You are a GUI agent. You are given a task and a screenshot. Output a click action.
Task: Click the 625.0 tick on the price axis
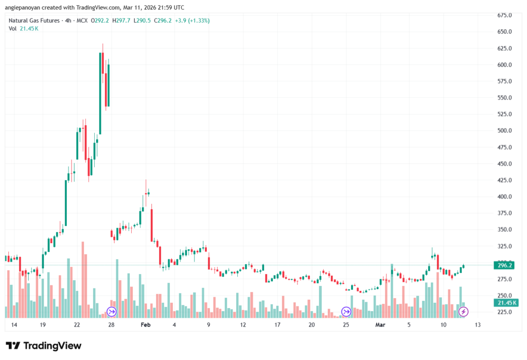(504, 48)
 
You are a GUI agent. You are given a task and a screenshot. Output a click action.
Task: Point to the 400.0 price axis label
(504, 197)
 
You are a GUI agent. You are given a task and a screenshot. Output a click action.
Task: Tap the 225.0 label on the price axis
(504, 312)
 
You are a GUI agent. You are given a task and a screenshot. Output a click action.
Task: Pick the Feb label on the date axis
(146, 325)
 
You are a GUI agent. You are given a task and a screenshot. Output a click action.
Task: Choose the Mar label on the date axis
(380, 325)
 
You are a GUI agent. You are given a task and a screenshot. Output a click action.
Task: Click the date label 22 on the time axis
(77, 325)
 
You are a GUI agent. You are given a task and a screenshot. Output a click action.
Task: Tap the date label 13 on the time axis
(478, 325)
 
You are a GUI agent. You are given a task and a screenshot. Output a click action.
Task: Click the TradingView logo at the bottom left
(44, 346)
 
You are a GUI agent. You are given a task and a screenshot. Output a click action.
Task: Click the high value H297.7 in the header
(122, 21)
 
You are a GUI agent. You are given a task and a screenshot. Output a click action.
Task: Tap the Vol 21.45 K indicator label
(24, 28)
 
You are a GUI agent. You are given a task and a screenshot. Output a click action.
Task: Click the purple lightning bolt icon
(464, 312)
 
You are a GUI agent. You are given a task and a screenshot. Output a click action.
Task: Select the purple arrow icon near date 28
(111, 312)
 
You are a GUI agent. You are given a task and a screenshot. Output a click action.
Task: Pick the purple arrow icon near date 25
(346, 312)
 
